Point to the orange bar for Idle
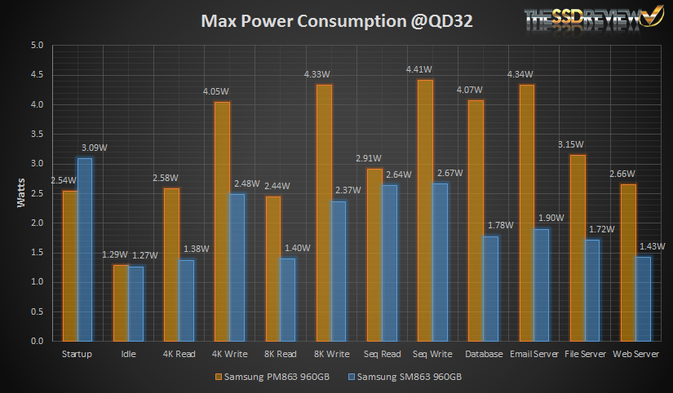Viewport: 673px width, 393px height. [x=121, y=302]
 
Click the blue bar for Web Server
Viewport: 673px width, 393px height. [x=643, y=298]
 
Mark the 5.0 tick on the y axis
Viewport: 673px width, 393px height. [x=37, y=46]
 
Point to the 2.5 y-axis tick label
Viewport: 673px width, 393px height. [x=37, y=193]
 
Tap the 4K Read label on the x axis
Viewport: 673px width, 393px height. [x=179, y=354]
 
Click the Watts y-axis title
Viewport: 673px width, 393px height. [x=22, y=193]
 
